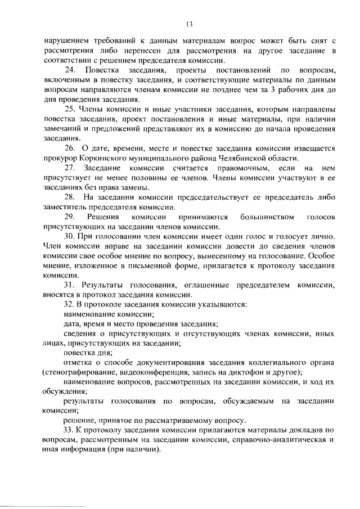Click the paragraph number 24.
70,70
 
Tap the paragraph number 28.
70,197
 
